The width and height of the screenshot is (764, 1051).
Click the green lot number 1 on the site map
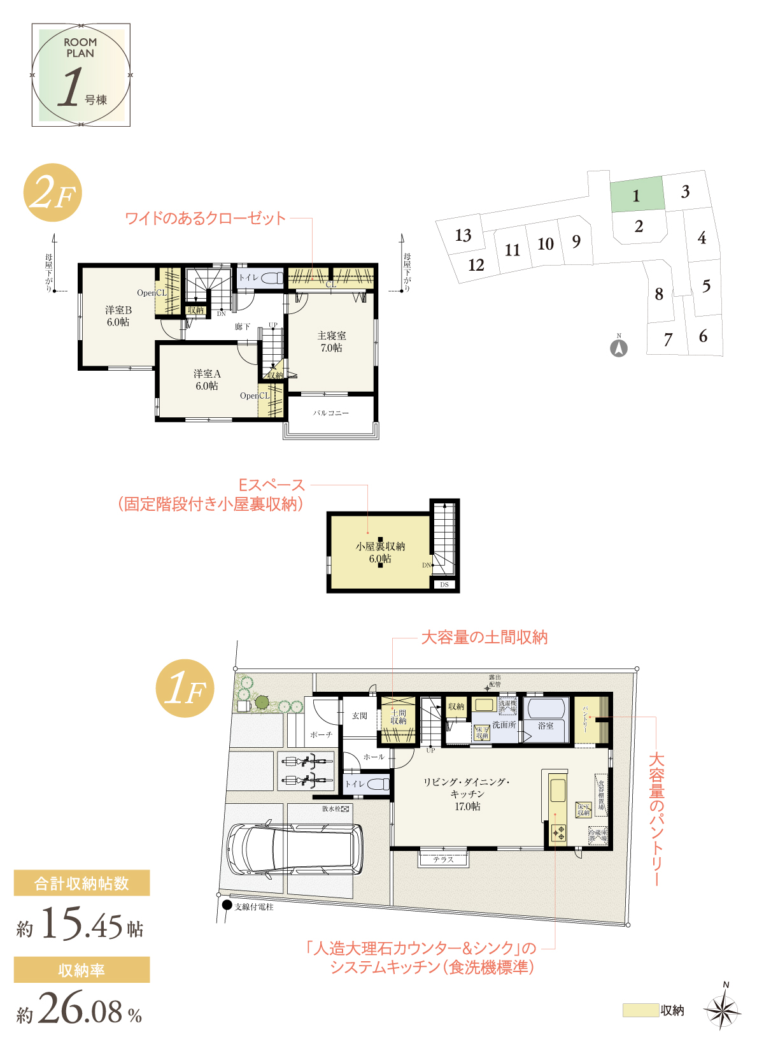click(x=636, y=196)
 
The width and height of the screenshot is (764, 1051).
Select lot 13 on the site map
click(x=463, y=236)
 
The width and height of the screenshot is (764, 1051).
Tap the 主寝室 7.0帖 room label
click(x=331, y=341)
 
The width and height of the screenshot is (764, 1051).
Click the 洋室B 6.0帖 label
click(x=118, y=316)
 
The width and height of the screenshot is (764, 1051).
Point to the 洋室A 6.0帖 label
click(x=207, y=380)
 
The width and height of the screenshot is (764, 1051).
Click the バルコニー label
click(x=331, y=413)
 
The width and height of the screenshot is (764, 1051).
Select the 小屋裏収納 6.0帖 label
click(x=380, y=552)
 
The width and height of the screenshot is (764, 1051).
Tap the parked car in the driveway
click(x=295, y=850)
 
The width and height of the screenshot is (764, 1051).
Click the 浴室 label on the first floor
click(x=546, y=726)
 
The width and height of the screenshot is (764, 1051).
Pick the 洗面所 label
click(x=504, y=725)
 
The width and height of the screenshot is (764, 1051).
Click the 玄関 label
click(x=360, y=716)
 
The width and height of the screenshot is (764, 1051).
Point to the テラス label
click(x=443, y=859)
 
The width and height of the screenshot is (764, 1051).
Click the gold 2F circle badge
click(x=53, y=193)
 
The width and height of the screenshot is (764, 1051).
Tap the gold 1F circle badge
click(x=185, y=689)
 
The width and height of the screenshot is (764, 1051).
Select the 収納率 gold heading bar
click(x=82, y=970)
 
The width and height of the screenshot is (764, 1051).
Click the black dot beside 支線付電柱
click(x=227, y=905)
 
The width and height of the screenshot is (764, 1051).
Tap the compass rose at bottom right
click(x=723, y=1010)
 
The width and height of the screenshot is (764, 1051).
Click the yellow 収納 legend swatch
click(x=640, y=1010)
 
